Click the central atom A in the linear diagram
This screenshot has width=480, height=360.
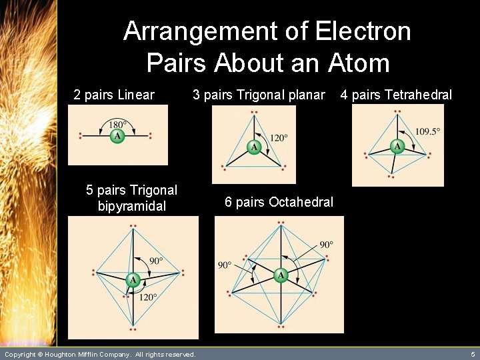point(117,136)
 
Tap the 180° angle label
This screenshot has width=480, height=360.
point(117,125)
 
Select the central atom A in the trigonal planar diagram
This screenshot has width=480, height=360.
point(254,147)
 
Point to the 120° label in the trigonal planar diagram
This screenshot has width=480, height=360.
point(279,138)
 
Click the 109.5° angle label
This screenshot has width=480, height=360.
point(427,131)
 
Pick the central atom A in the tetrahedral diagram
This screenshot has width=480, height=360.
point(397,146)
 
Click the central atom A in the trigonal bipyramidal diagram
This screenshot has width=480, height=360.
point(133,280)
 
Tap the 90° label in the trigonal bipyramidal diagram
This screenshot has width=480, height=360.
point(155,260)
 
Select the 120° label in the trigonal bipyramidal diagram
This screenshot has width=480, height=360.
point(147,297)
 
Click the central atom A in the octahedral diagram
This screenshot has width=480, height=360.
point(281,275)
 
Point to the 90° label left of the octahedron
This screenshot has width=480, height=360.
point(225,265)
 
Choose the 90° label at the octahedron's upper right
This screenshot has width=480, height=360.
point(325,245)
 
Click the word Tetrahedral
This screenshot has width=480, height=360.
point(419,95)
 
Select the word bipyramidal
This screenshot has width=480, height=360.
point(131,206)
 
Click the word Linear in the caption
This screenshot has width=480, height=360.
point(135,95)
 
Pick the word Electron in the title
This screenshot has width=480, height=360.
point(363,31)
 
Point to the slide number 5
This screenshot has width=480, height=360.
point(472,354)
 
